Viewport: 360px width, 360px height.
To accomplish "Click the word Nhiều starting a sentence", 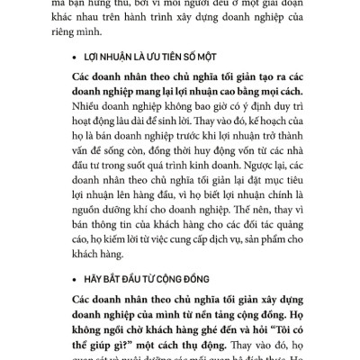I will click(93, 112).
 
